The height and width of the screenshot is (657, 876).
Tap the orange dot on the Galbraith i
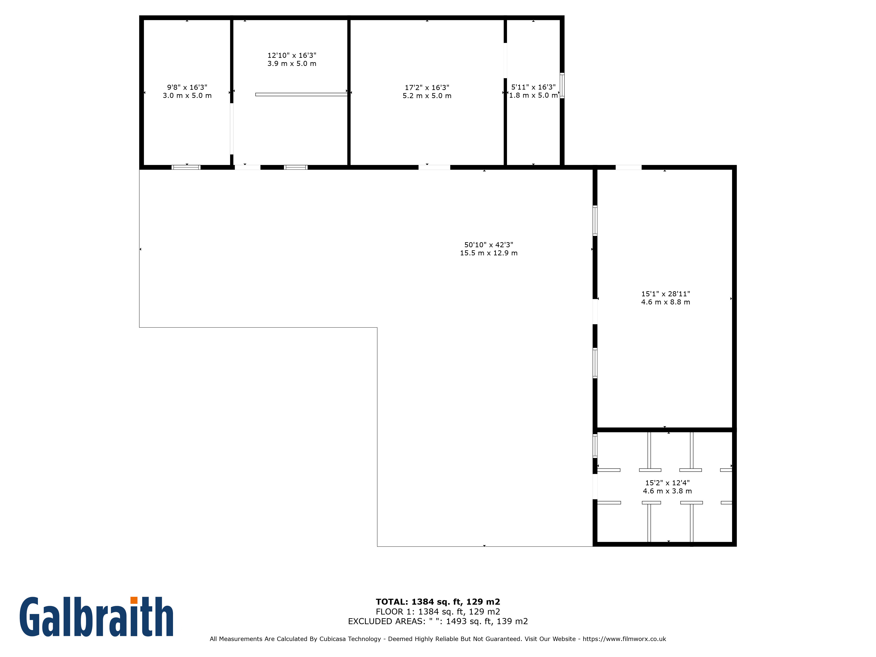[134, 600]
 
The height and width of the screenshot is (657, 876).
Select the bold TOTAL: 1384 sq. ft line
[438, 602]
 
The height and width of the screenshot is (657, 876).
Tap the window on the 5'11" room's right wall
[562, 86]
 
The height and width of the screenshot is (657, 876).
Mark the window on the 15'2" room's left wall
[595, 446]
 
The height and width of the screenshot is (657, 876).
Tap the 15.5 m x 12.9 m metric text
[489, 253]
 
